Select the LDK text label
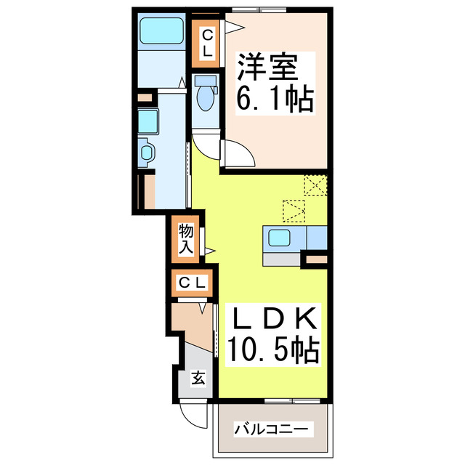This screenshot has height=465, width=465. point(275,319)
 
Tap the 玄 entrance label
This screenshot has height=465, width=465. point(198,378)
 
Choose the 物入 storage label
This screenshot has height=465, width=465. point(185,238)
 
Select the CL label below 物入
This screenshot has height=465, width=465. point(193,282)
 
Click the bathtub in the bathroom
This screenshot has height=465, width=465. point(161,33)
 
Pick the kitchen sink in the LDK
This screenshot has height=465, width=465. point(280,237)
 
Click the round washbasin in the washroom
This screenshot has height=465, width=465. point(146,153)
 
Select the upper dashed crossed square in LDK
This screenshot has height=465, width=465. point(315,185)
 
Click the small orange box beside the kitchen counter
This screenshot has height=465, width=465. point(316,259)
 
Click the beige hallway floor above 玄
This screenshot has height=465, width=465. point(190,324)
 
